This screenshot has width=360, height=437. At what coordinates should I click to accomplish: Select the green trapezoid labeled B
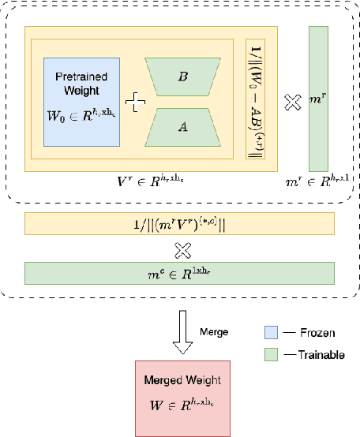pyautogui.click(x=183, y=78)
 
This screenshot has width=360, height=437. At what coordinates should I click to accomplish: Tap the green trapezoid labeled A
pyautogui.click(x=183, y=127)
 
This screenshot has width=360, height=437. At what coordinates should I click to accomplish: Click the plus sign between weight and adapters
pyautogui.click(x=136, y=103)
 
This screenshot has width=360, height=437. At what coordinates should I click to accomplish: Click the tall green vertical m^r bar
pyautogui.click(x=318, y=98)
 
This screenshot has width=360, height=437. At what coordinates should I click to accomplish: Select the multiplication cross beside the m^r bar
pyautogui.click(x=292, y=102)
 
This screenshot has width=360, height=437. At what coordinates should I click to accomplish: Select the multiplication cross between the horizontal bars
pyautogui.click(x=182, y=249)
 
